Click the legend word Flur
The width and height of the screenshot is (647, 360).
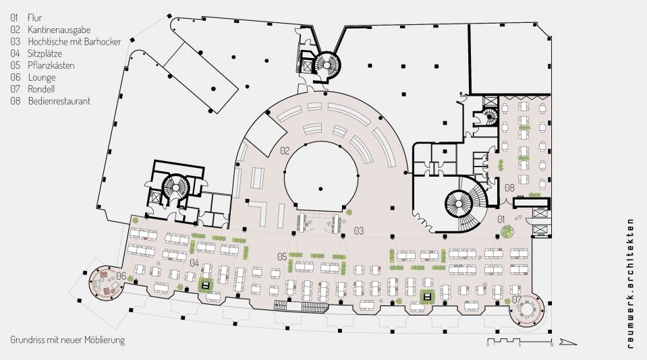tap(34, 18)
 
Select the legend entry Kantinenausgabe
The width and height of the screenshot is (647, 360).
tap(59, 30)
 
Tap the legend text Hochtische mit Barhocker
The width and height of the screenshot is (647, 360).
tap(75, 42)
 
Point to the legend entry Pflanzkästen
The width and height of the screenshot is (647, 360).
tap(51, 65)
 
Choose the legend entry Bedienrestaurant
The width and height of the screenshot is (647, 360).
tap(59, 101)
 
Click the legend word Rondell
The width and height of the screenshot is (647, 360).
tap(41, 89)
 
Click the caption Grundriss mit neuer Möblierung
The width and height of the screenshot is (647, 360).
tap(67, 340)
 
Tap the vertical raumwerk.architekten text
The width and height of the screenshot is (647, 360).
tap(630, 284)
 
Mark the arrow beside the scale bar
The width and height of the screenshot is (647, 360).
tap(568, 342)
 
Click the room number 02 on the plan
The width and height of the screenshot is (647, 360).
tap(285, 151)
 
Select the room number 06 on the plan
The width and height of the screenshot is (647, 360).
tap(121, 276)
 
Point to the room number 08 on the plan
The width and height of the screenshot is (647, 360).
tap(509, 188)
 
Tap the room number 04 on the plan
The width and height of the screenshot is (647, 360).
tap(194, 263)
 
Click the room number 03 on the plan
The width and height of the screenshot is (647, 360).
tap(358, 231)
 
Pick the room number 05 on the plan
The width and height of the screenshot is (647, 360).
tap(282, 257)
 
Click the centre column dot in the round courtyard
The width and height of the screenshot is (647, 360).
tap(320, 189)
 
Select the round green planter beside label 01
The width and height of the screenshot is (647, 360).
tap(507, 231)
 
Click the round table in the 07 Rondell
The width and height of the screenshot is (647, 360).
tap(527, 309)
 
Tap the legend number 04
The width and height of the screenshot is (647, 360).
tap(16, 54)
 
